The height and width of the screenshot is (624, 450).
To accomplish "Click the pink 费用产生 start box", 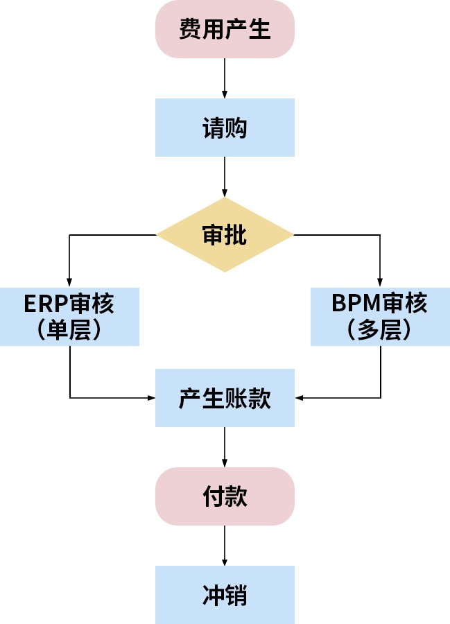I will point(225,29).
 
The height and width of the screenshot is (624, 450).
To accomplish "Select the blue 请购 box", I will point(225,128).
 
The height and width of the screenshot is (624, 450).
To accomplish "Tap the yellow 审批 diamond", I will point(225,235).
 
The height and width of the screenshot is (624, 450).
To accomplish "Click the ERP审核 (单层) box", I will point(69,316).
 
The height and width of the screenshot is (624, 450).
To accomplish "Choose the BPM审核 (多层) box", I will point(380,316).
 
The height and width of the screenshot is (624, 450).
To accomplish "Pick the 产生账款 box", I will point(225,398).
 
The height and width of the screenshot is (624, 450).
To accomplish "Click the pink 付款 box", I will point(225,496).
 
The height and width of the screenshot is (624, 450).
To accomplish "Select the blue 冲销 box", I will point(225,594).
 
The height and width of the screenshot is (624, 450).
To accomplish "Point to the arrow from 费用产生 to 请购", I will point(225,78).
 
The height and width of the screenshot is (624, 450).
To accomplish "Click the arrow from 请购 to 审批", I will point(225,177).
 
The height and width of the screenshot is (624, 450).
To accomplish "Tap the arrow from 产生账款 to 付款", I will point(225,447).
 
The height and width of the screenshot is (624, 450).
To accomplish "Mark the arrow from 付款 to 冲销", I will point(225,545).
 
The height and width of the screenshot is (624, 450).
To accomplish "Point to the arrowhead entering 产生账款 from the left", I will point(150,398).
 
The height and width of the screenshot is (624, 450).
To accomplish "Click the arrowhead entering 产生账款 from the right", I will point(300,398).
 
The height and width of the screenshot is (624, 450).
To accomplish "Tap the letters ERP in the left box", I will point(44,304).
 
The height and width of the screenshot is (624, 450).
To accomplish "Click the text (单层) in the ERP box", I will point(69,330).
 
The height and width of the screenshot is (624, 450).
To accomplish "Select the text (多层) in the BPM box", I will point(380,330).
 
